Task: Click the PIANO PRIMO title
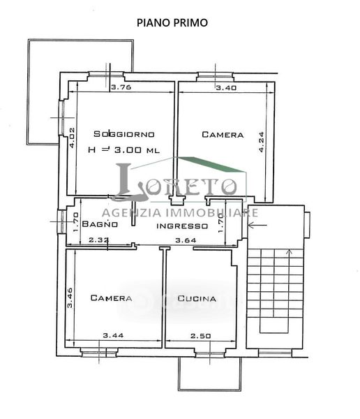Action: click(x=172, y=23)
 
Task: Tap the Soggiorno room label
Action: click(x=124, y=134)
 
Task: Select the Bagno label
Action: click(x=100, y=223)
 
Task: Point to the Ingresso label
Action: click(x=182, y=226)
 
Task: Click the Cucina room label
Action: click(x=197, y=298)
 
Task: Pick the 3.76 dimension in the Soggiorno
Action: click(x=121, y=87)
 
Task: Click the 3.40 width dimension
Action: click(x=226, y=88)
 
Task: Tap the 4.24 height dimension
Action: click(x=261, y=142)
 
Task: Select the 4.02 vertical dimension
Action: click(x=72, y=138)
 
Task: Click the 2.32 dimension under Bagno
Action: click(x=99, y=240)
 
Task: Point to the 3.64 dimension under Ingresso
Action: click(x=186, y=240)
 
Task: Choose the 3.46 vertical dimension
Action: click(x=70, y=297)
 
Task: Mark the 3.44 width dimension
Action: click(x=113, y=335)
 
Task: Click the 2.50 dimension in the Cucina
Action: click(x=200, y=336)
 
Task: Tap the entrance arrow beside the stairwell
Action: click(x=257, y=226)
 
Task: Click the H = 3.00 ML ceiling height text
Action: click(x=124, y=149)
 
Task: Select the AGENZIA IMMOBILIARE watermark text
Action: click(x=180, y=213)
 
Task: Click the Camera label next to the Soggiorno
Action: click(x=223, y=134)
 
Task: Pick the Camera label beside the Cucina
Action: click(x=111, y=297)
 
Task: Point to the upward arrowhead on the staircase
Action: click(x=289, y=251)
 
